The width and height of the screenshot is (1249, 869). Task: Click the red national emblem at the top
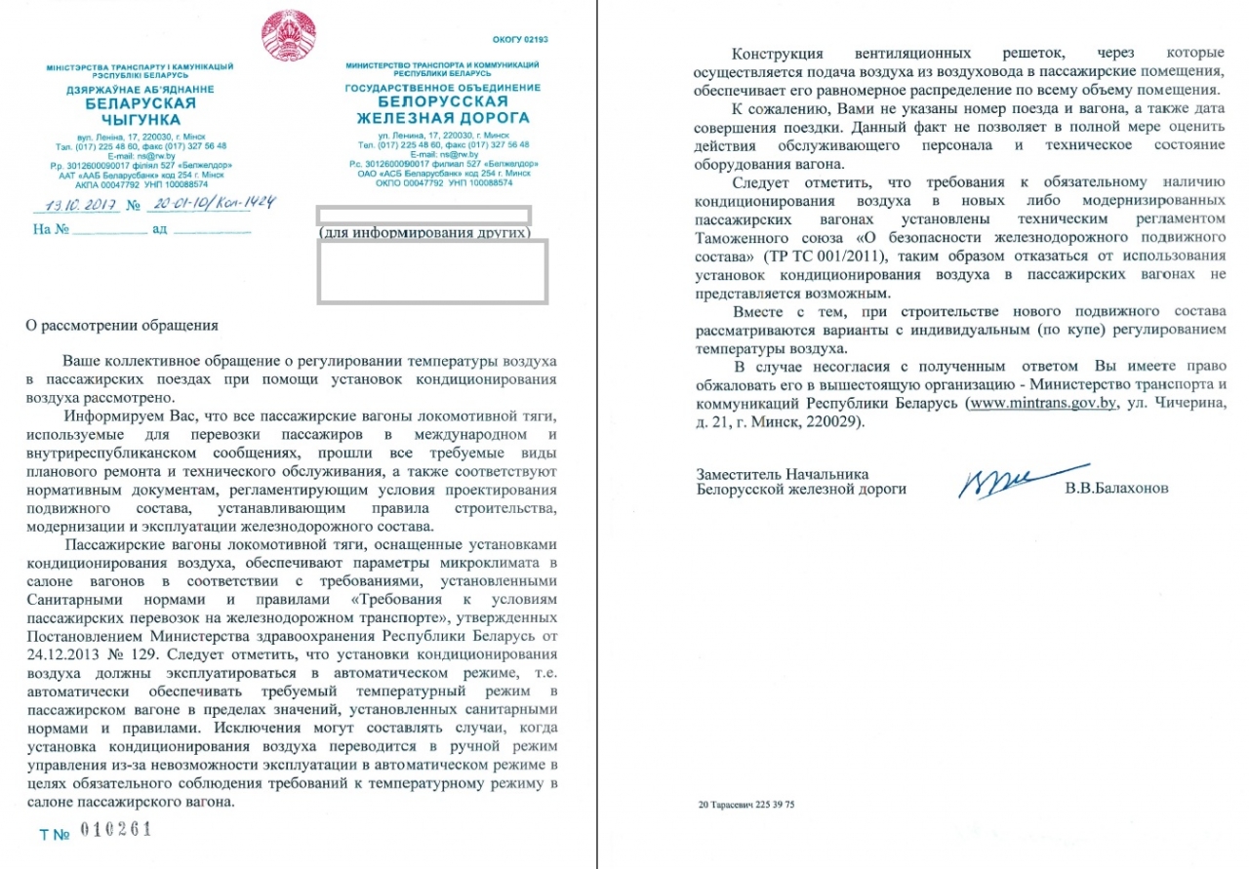click(x=288, y=34)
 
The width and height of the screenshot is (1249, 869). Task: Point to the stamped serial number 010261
click(x=116, y=830)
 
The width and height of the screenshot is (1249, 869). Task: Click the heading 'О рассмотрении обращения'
click(x=122, y=325)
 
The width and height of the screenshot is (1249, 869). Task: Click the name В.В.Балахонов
click(x=1117, y=488)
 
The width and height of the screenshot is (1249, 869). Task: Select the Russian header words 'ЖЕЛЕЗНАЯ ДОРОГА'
click(x=441, y=117)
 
